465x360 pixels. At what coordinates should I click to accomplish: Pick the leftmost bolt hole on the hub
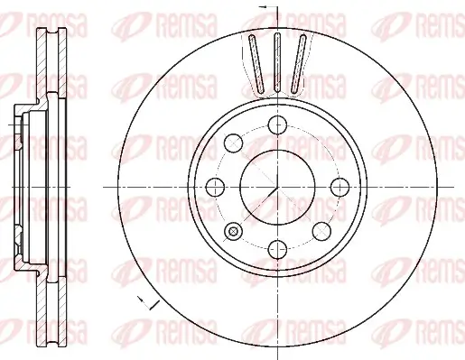[x=215, y=187]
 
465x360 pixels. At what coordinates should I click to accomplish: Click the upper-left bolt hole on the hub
[x=234, y=141]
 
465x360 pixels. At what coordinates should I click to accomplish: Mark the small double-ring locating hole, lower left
[x=234, y=232]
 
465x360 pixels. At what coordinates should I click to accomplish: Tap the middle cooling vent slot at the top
[x=277, y=60]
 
